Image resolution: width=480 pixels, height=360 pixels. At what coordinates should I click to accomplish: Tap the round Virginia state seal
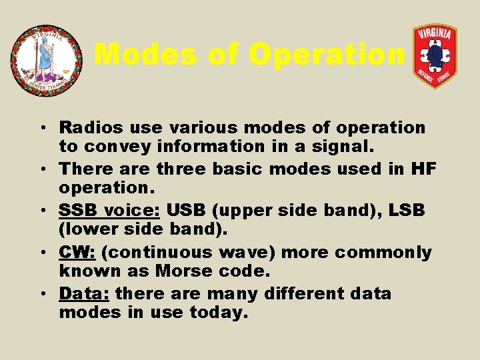pos(47,61)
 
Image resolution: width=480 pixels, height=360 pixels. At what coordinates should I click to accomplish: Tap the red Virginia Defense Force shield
pos(435,56)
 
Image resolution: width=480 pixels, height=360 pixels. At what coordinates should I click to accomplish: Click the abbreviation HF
pos(423,169)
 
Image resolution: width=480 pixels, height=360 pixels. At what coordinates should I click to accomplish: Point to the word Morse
pos(186,271)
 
